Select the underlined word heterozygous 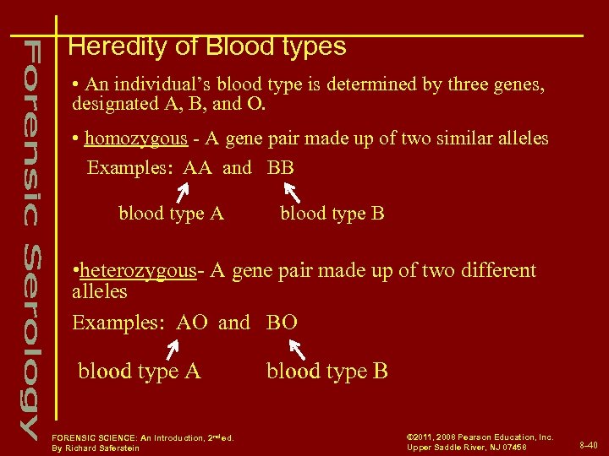click(138, 270)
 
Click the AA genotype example click(197, 167)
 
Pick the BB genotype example click(281, 167)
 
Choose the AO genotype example click(192, 323)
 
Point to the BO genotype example click(282, 323)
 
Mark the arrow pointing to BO click(297, 348)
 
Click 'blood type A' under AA click(171, 214)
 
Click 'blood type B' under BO click(327, 371)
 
